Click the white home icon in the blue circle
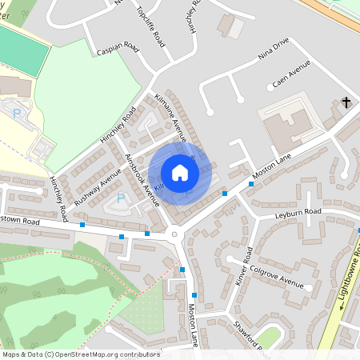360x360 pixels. click(180, 173)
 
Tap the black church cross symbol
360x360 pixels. click(346, 102)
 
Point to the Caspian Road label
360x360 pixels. click(118, 49)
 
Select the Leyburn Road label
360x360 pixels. click(298, 211)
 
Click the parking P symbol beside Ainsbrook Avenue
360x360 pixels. click(121, 198)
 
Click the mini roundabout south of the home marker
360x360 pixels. click(175, 234)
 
